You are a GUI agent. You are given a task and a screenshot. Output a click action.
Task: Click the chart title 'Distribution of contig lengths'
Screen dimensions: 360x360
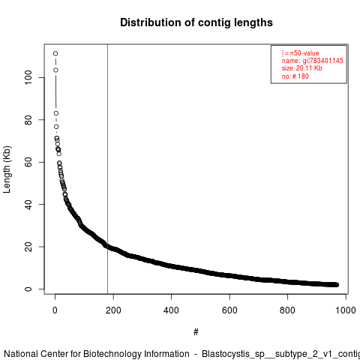(x=196, y=22)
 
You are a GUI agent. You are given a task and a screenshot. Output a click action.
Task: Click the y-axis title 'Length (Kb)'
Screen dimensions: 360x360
(x=7, y=169)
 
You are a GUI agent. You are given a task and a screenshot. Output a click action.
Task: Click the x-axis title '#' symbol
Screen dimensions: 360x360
(x=196, y=332)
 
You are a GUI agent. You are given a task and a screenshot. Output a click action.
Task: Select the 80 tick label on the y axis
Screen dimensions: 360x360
(x=28, y=120)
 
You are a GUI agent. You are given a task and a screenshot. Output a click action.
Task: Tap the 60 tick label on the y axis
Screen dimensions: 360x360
(x=28, y=162)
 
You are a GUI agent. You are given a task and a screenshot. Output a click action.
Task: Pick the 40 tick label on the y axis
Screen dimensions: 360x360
(x=28, y=204)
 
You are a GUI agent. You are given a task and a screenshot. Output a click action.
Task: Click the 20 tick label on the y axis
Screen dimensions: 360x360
(x=28, y=247)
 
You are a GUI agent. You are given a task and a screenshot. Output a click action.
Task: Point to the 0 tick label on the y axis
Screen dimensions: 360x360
(x=28, y=289)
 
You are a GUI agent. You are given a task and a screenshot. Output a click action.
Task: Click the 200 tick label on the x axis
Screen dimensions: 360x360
(x=113, y=310)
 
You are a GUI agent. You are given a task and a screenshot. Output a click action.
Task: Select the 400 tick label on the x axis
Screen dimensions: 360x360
(x=171, y=310)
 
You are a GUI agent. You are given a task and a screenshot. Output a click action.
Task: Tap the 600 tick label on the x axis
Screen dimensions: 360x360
(x=229, y=310)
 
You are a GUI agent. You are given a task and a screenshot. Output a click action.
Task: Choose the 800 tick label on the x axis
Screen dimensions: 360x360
(x=287, y=310)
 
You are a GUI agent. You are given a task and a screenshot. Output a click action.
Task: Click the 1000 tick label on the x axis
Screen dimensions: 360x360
(x=346, y=310)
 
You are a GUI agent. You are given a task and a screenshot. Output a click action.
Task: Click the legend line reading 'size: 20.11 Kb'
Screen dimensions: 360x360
(x=302, y=68)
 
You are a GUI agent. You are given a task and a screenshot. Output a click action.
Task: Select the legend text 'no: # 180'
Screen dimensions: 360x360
(x=295, y=76)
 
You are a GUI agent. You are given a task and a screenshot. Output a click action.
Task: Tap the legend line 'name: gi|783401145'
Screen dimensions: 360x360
(x=313, y=61)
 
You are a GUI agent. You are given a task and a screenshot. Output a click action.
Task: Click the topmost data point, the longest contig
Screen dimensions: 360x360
(x=55, y=53)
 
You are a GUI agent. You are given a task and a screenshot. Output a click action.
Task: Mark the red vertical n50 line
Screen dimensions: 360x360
(x=107, y=169)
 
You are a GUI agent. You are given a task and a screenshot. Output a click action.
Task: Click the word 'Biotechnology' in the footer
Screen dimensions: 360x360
(x=136, y=354)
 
